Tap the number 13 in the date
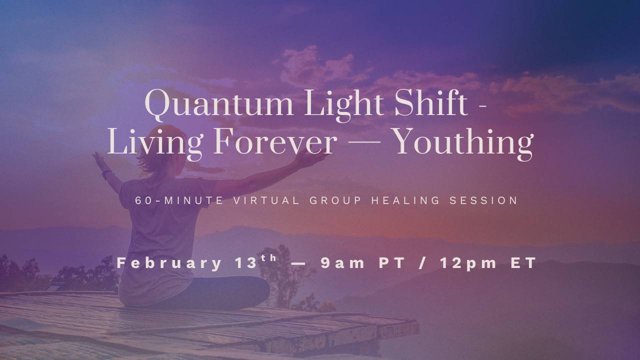[x=245, y=263]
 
